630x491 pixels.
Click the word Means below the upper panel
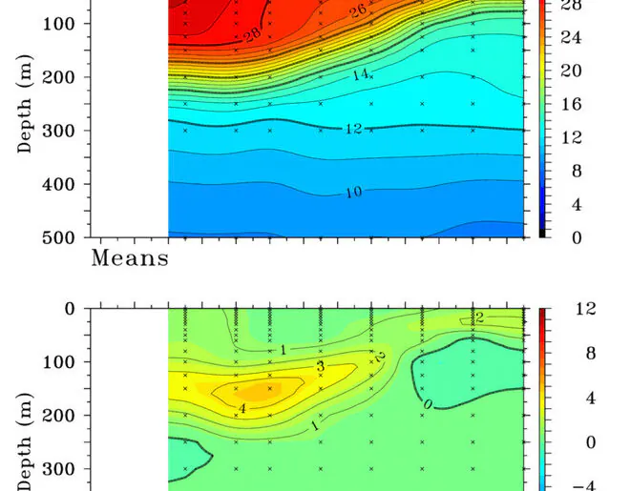130,257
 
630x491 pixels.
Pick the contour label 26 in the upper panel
358,11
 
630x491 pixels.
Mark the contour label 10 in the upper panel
353,193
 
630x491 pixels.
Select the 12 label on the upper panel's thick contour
353,129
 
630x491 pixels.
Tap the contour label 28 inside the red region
252,35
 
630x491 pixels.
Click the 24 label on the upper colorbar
570,39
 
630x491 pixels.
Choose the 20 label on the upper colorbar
570,72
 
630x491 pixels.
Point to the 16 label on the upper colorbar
570,105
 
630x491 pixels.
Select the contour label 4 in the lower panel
242,408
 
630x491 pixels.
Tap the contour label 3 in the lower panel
320,367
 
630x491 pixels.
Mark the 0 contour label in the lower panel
428,405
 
